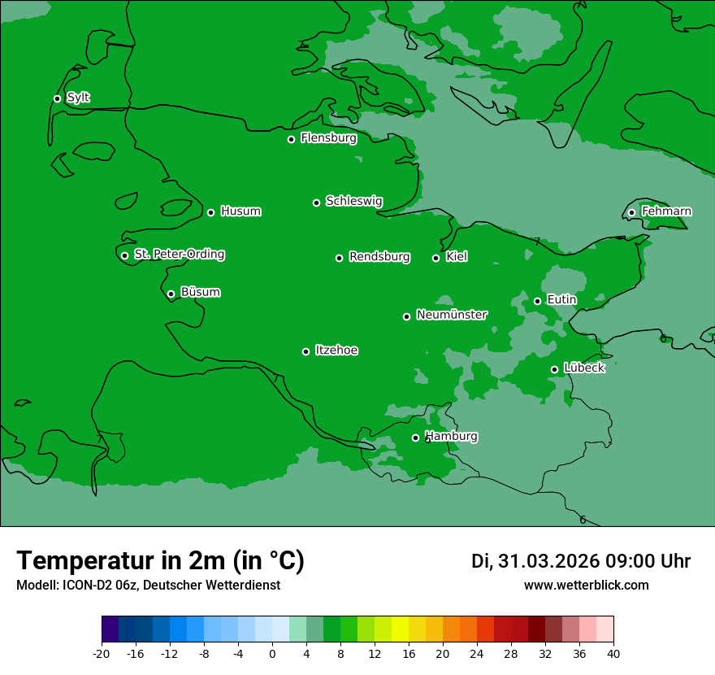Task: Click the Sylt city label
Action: click(x=78, y=98)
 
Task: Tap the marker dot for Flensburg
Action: click(x=291, y=139)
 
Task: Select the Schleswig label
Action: click(x=353, y=201)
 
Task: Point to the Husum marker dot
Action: click(x=210, y=212)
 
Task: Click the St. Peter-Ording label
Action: click(x=179, y=255)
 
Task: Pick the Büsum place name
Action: click(x=200, y=292)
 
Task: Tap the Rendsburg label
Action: click(x=379, y=257)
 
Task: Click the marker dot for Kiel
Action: click(x=435, y=258)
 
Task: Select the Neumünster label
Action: click(x=451, y=315)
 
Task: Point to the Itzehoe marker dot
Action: click(x=305, y=351)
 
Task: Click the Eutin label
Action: click(x=561, y=300)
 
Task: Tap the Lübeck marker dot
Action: click(x=554, y=369)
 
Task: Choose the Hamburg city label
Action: click(x=452, y=437)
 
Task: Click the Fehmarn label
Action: click(x=666, y=211)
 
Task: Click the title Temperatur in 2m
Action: click(x=160, y=560)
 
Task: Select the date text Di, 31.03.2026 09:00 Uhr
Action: click(x=580, y=561)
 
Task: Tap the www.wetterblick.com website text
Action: click(x=586, y=586)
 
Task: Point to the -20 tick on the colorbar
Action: click(x=102, y=654)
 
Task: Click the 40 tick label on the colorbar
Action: click(x=613, y=654)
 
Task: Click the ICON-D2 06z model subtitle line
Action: click(x=148, y=586)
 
